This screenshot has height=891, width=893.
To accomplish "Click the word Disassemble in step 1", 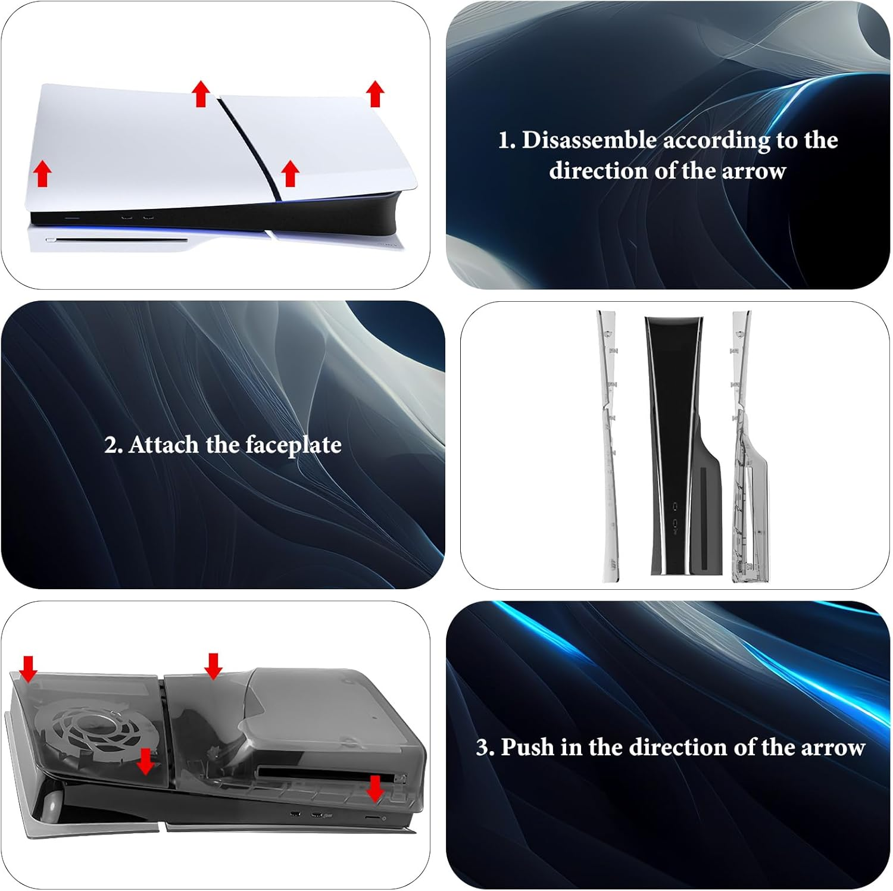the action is coord(589,140).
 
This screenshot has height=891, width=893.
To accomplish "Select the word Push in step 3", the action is coord(527,747).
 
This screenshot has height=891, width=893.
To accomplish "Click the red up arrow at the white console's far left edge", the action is coord(42,174).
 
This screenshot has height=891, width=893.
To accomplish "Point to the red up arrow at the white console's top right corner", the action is coord(375,93).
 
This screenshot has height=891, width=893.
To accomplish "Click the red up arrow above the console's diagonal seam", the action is coord(201,94).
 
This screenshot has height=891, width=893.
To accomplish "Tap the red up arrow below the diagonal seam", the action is coord(290,173).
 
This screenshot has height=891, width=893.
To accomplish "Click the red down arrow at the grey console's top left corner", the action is coord(28,668).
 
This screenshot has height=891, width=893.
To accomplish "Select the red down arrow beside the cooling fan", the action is coord(145,762).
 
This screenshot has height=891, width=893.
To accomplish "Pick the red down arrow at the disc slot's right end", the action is coord(375,788).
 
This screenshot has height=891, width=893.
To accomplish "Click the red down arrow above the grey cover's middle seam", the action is coord(213,665).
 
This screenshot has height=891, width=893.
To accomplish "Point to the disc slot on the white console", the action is coord(117,240).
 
